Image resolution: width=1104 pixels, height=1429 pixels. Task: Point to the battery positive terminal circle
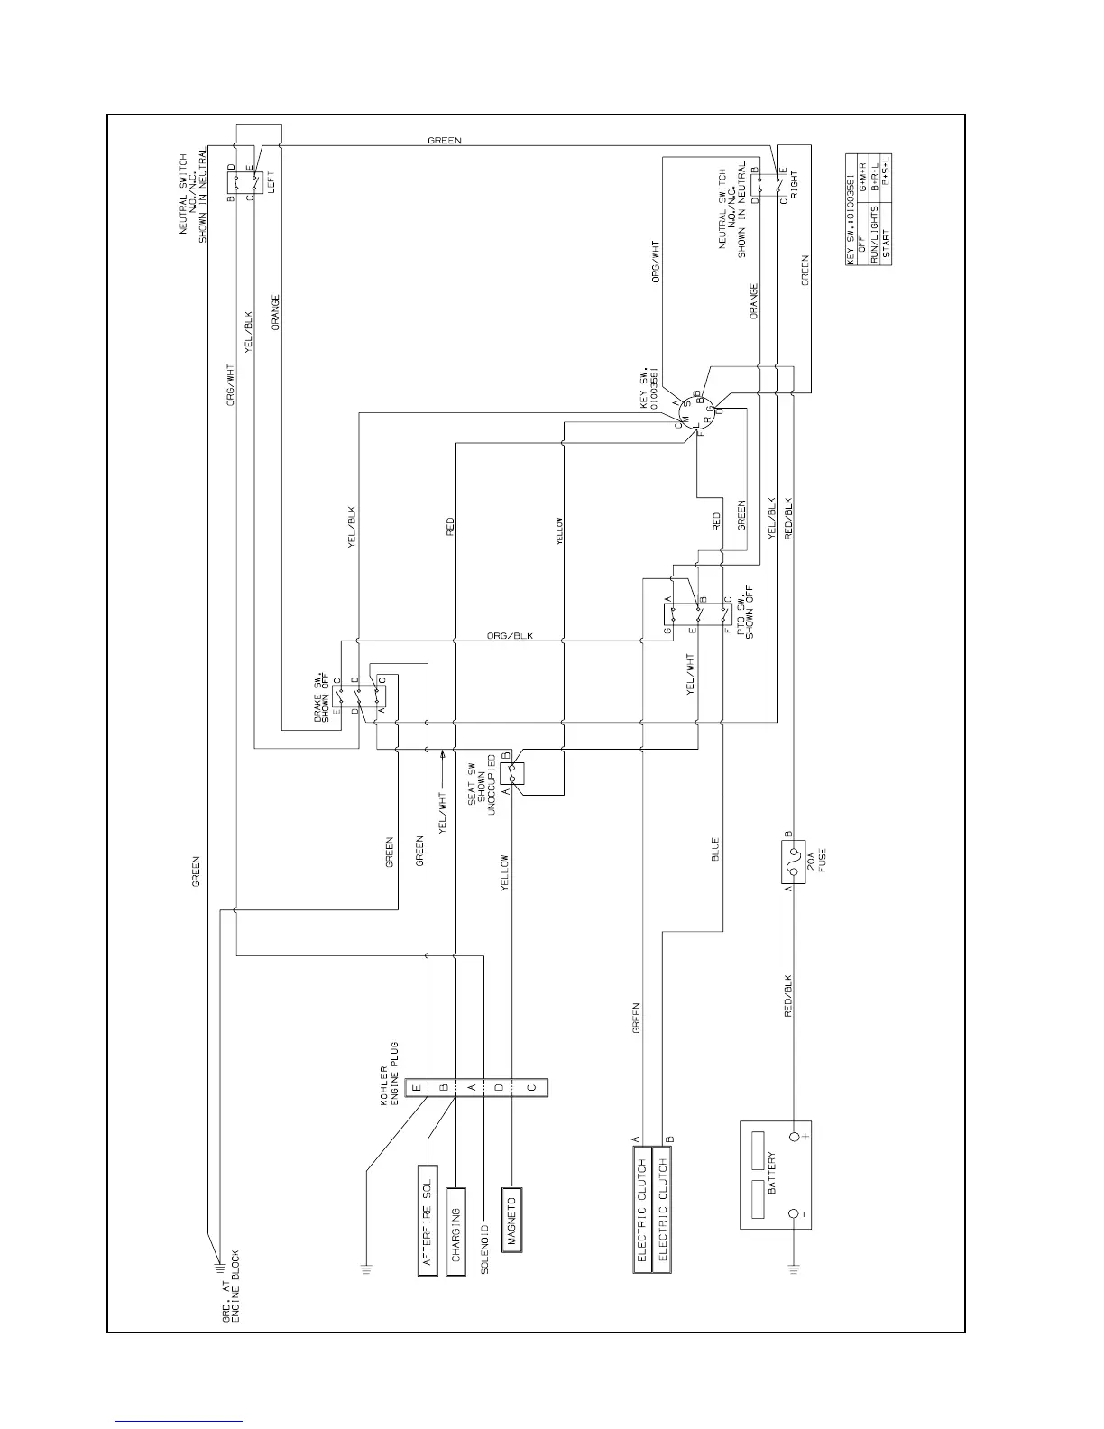[x=795, y=1137]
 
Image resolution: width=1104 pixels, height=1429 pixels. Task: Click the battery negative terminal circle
[x=795, y=1215]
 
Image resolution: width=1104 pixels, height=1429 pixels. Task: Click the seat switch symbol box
[x=511, y=772]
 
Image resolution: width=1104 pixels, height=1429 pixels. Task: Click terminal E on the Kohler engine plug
[x=416, y=1088]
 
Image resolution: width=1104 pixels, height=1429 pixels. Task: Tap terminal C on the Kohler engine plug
[x=532, y=1088]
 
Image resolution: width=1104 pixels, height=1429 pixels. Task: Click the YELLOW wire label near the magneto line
[x=505, y=873]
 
